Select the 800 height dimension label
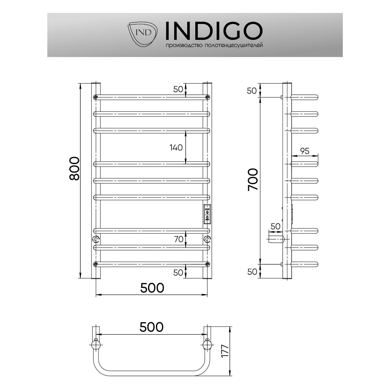click(x=74, y=168)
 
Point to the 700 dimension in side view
click(x=253, y=179)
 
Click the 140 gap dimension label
click(x=176, y=147)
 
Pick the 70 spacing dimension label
click(x=178, y=239)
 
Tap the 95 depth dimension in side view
click(x=304, y=151)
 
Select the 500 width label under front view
click(x=152, y=288)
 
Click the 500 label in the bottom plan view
click(x=151, y=327)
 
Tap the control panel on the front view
click(x=207, y=214)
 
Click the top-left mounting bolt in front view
click(x=96, y=97)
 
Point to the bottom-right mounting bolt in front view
click(x=207, y=264)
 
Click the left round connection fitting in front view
click(x=96, y=239)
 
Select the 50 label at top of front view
click(x=178, y=89)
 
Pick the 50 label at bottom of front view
click(x=178, y=272)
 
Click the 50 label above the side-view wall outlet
click(x=275, y=226)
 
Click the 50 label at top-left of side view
click(x=252, y=90)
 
